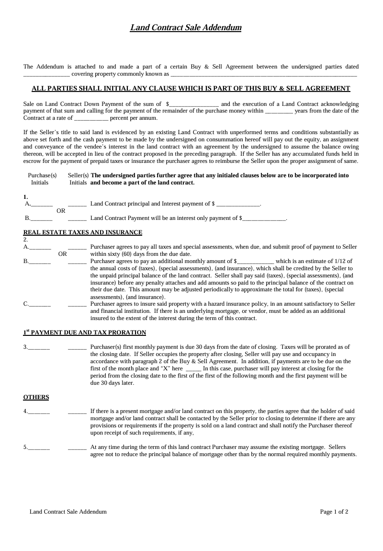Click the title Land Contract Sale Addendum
pos(186,28)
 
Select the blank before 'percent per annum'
pos(91,118)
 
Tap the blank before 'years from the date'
pos(279,111)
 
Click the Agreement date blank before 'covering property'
pos(46,74)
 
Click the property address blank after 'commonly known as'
pos(263,74)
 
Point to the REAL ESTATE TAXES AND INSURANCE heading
pos(83,232)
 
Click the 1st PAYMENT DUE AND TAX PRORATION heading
pos(85,333)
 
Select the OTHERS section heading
pos(36,397)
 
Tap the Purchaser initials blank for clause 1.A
pos(42,204)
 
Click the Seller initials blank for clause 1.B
pos(77,218)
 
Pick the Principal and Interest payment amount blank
pos(238,204)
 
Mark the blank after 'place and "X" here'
pos(193,369)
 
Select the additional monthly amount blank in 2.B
pos(256,261)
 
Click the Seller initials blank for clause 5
pos(77,448)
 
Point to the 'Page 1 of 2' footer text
pos(334,512)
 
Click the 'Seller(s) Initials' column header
pos(78,179)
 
